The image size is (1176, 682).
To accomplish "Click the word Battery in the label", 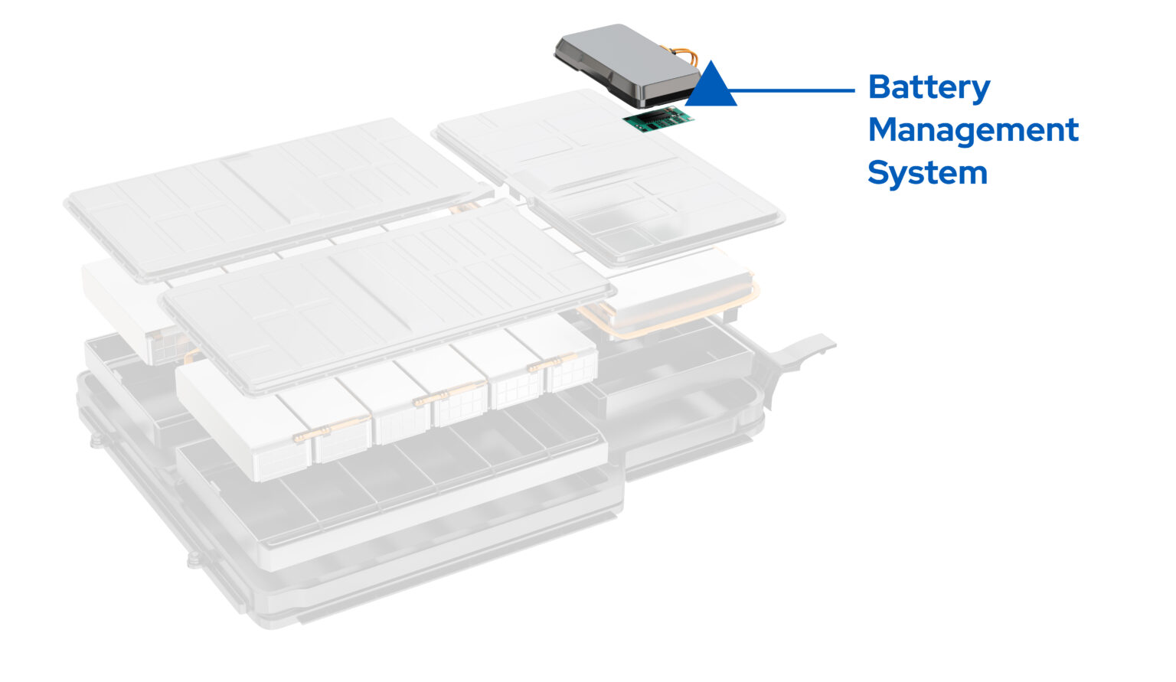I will pyautogui.click(x=929, y=88).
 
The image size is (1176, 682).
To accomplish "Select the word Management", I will pyautogui.click(x=972, y=130).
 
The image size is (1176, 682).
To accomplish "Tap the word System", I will pyautogui.click(x=927, y=173).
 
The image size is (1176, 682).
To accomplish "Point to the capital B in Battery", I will pyautogui.click(x=879, y=87).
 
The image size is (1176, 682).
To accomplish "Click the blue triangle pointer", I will pyautogui.click(x=711, y=86).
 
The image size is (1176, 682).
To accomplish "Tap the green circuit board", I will pyautogui.click(x=657, y=119).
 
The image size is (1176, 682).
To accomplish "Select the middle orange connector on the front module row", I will pyautogui.click(x=430, y=399).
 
